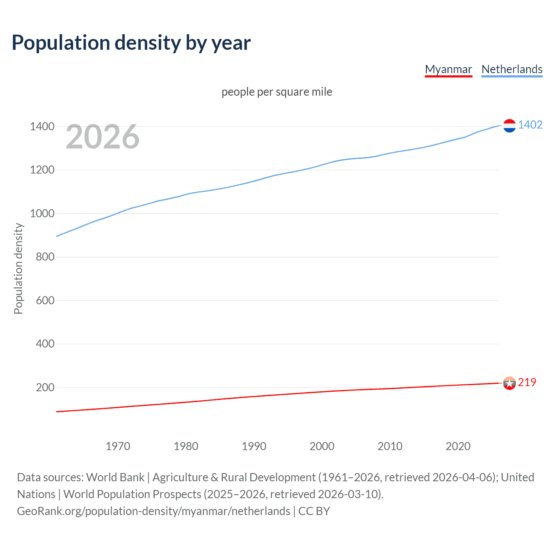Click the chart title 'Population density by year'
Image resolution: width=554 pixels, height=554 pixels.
pyautogui.click(x=131, y=43)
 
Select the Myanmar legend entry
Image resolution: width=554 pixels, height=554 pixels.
pyautogui.click(x=448, y=69)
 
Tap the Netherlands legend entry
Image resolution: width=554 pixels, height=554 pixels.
pyautogui.click(x=512, y=69)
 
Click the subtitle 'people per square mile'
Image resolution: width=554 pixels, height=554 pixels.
pyautogui.click(x=277, y=92)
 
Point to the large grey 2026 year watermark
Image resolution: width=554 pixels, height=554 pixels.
pyautogui.click(x=103, y=137)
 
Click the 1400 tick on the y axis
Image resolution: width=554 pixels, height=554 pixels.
pyautogui.click(x=42, y=127)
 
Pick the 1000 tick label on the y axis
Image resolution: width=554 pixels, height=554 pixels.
pyautogui.click(x=42, y=213)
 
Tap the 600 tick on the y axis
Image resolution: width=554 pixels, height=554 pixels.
pyautogui.click(x=45, y=300)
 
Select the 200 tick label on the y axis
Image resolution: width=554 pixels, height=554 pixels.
pyautogui.click(x=45, y=387)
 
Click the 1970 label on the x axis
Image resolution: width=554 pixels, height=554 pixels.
pyautogui.click(x=118, y=446)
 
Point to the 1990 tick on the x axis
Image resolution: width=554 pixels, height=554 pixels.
pyautogui.click(x=254, y=446)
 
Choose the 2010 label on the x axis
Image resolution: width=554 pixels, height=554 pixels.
pyautogui.click(x=390, y=446)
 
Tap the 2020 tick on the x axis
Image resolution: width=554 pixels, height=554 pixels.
pyautogui.click(x=458, y=446)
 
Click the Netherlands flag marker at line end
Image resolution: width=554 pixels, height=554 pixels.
pyautogui.click(x=509, y=126)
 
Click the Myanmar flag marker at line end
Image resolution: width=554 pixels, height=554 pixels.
pyautogui.click(x=509, y=383)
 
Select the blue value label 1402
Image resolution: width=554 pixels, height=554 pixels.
pyautogui.click(x=530, y=125)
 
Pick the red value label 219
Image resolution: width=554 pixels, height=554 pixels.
pyautogui.click(x=527, y=383)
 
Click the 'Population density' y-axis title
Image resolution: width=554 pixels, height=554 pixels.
pyautogui.click(x=18, y=268)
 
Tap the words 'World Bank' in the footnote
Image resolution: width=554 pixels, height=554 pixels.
pyautogui.click(x=115, y=477)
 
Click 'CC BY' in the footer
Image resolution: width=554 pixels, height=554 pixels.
pyautogui.click(x=314, y=511)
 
